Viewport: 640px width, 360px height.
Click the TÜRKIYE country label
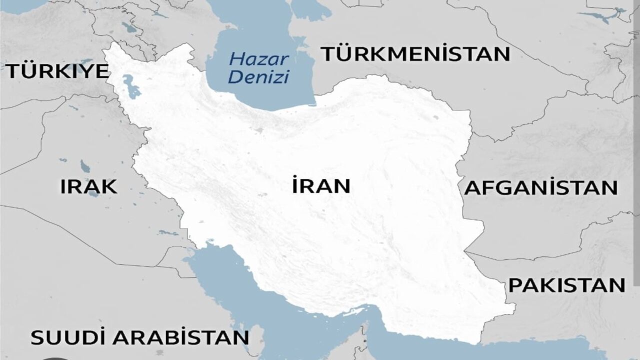(x=57, y=71)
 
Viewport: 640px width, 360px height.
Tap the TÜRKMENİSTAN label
(x=415, y=54)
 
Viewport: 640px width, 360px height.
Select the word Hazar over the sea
(x=259, y=59)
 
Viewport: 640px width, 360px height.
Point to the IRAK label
(x=89, y=186)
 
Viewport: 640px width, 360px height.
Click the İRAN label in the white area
(x=321, y=186)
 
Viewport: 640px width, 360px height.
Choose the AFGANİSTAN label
(x=541, y=188)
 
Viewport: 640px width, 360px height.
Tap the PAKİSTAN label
(x=567, y=285)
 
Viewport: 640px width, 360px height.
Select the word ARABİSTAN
(x=180, y=337)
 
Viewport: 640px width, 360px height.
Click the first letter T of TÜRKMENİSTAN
(x=327, y=54)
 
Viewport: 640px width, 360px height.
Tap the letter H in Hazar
(x=235, y=59)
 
